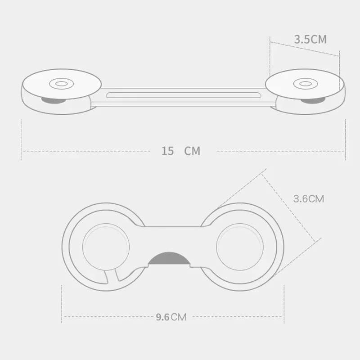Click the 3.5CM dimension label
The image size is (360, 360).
310,39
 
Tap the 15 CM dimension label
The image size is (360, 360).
180,151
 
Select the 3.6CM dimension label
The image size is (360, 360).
308,198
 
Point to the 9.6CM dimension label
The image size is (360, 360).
171,317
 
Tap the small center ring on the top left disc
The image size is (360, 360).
59,83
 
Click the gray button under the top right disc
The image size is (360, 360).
311,100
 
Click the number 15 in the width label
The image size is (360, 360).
168,151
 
